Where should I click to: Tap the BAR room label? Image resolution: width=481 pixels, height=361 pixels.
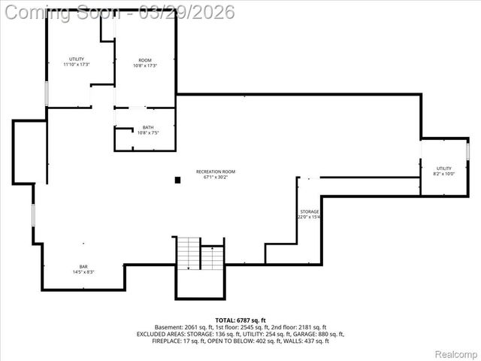coord(83,266)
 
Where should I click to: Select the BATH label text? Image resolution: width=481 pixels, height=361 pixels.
coord(148,127)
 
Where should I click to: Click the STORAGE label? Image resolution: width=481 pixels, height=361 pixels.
coord(310,211)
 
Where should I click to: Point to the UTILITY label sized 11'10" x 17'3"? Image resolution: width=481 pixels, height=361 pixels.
coord(77,59)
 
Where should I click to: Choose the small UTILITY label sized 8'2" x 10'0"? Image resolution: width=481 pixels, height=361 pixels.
coord(444,168)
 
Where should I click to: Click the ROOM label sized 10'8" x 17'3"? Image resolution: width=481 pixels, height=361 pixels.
coord(144,59)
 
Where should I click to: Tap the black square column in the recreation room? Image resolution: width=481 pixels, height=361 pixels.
coord(178,180)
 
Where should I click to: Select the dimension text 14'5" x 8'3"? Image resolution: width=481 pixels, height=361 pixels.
coord(83,272)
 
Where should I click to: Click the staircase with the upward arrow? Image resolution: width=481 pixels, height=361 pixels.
coord(213,258)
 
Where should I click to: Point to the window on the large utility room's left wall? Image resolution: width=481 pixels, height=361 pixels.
coord(47,93)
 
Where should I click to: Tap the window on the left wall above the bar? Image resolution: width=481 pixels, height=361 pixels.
coord(32,213)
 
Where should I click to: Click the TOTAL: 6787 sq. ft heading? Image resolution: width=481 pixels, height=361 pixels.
coord(240,320)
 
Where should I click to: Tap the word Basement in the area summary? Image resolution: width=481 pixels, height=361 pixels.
coord(168,327)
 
